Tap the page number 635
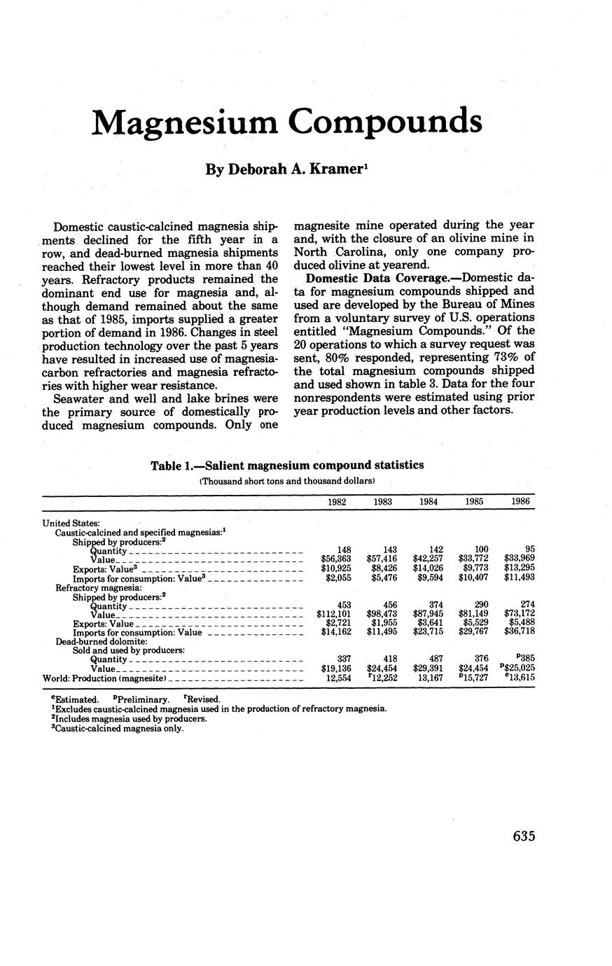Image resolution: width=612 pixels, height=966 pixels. click(x=524, y=836)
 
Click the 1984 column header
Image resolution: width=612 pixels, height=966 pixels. click(x=429, y=502)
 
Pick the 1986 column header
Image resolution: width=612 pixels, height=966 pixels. click(x=520, y=502)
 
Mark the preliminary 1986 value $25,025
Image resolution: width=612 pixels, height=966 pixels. click(x=520, y=668)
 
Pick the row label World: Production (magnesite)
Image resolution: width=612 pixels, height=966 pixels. click(x=104, y=678)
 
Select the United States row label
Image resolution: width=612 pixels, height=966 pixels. click(x=71, y=522)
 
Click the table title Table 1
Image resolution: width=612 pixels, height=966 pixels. click(x=287, y=465)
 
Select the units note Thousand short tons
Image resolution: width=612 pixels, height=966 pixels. click(x=287, y=481)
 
